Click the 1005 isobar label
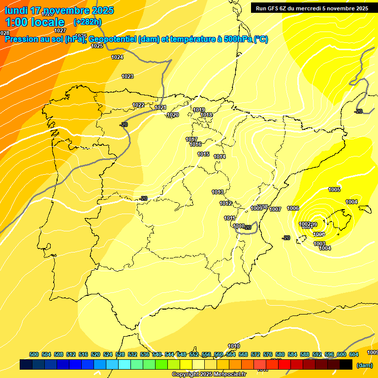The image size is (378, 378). (334, 189)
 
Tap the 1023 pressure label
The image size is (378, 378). (127, 76)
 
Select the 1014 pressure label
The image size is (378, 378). (220, 157)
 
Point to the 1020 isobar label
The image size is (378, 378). (173, 115)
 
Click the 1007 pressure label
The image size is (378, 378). (275, 209)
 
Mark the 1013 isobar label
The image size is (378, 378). (218, 192)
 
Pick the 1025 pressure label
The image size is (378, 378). (97, 46)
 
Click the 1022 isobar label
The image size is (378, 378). (138, 105)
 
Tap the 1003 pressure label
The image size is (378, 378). (319, 244)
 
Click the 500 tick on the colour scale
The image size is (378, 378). (34, 354)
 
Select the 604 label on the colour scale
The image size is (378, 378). (354, 354)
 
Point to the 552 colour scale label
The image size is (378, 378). (194, 354)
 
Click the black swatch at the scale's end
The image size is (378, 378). (346, 364)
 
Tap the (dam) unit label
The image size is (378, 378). (364, 365)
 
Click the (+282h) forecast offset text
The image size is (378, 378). (87, 22)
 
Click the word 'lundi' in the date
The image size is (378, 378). (16, 10)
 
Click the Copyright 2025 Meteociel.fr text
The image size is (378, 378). (209, 374)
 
